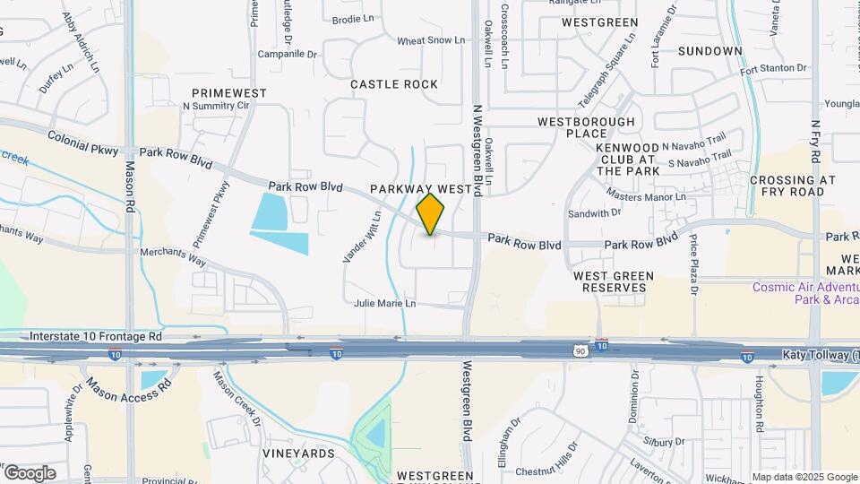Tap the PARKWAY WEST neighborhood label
(420, 190)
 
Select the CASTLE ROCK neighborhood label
(394, 84)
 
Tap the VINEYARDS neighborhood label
(298, 454)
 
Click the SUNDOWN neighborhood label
(709, 51)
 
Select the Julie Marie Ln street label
(384, 304)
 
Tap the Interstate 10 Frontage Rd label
(96, 337)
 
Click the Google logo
(30, 472)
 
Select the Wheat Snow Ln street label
(431, 40)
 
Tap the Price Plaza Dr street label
(693, 264)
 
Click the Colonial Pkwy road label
(82, 144)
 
